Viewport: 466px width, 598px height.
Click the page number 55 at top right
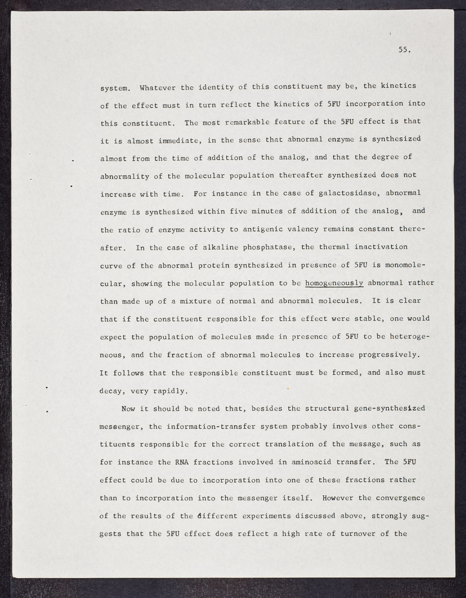[x=404, y=50]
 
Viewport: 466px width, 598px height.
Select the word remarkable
[x=248, y=122]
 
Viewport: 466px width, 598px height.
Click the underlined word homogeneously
[x=334, y=283]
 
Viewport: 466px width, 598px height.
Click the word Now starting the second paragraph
[x=128, y=409]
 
